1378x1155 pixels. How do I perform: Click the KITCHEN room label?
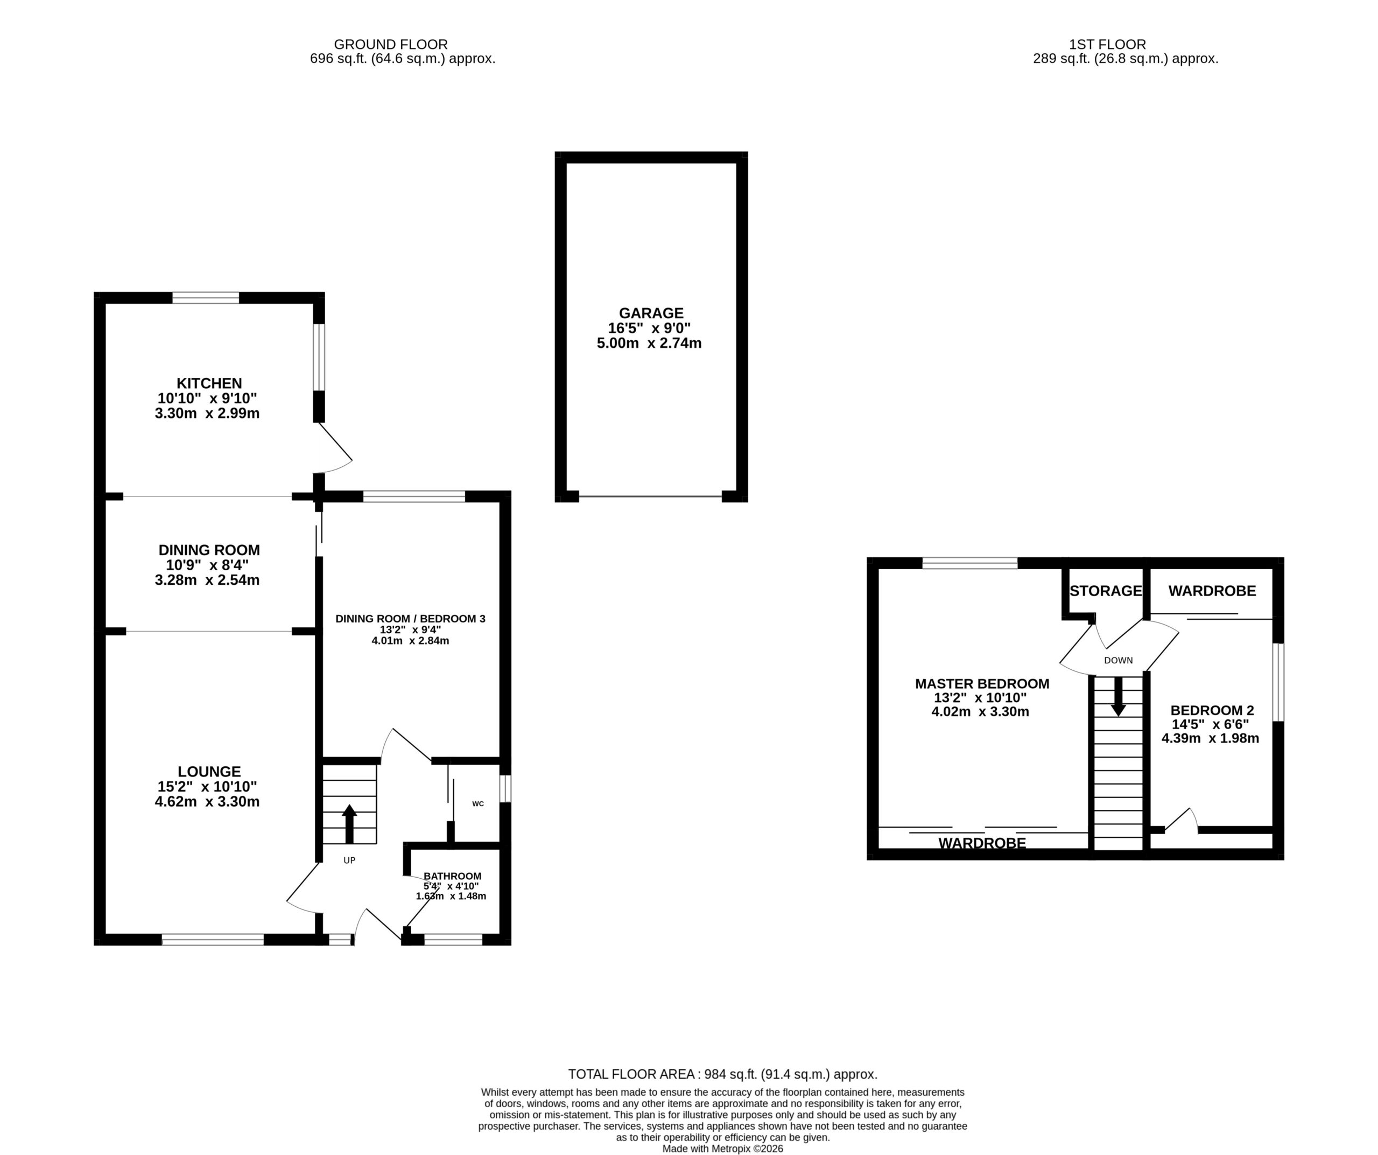209,383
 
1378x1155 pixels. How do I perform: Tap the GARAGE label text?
651,314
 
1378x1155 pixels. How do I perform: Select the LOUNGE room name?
209,772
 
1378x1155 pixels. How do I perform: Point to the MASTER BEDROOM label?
982,684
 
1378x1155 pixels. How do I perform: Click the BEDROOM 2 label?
1212,710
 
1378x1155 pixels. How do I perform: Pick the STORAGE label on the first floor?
1106,591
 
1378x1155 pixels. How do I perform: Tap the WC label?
477,803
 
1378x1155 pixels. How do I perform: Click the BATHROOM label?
452,876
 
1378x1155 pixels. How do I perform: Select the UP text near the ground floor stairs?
349,860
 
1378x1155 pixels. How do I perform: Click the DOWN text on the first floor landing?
1118,660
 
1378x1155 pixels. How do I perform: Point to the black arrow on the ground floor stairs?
349,824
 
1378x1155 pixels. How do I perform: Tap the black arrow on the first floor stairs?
1118,696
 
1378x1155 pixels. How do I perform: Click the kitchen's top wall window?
206,297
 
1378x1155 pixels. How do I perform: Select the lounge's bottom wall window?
213,940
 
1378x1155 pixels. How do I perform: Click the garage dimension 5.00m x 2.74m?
649,343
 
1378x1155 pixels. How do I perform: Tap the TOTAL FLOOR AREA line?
722,1074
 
